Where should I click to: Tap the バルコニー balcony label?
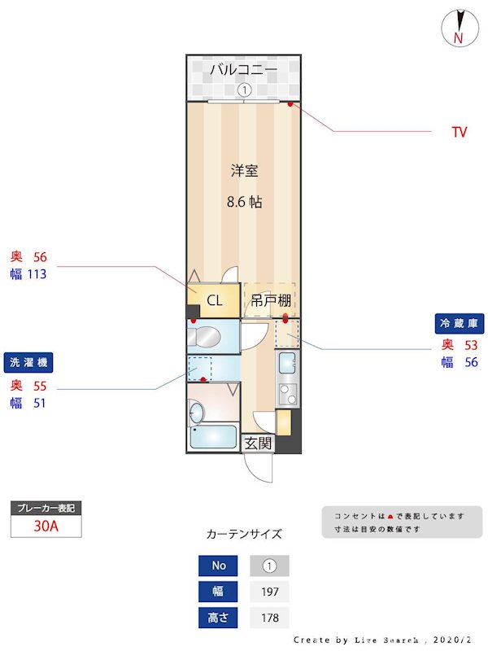click(243, 70)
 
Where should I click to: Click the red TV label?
click(460, 132)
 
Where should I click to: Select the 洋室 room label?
click(244, 171)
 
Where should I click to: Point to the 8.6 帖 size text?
click(244, 202)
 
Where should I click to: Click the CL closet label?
click(214, 300)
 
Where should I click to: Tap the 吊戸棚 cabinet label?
click(270, 300)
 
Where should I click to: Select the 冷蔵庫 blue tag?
click(460, 324)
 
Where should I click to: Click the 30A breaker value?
click(46, 526)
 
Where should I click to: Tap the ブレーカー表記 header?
click(46, 508)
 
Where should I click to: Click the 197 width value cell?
click(269, 592)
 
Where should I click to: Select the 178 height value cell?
click(269, 618)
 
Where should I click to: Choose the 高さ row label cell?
click(219, 618)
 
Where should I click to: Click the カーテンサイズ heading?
click(244, 535)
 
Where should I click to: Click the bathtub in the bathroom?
click(213, 438)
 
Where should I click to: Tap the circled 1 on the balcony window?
click(244, 90)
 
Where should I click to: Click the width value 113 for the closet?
click(37, 274)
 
